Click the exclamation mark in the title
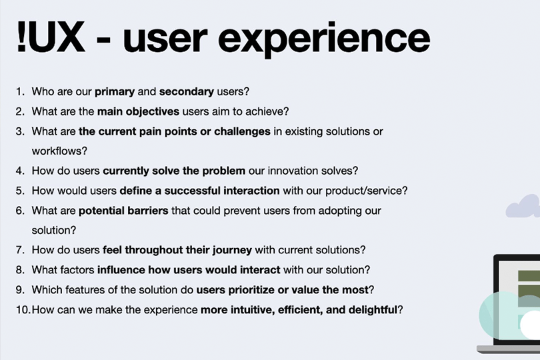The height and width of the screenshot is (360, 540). click(x=21, y=37)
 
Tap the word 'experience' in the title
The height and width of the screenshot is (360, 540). click(x=324, y=39)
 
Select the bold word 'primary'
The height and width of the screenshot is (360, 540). click(x=115, y=92)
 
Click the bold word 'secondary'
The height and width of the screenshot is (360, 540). click(x=187, y=91)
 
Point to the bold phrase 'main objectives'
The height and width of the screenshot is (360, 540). click(x=138, y=111)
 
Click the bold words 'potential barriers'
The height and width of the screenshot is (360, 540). click(x=123, y=211)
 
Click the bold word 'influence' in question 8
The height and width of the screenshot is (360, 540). click(x=121, y=270)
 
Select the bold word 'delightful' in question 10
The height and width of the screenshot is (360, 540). click(x=373, y=310)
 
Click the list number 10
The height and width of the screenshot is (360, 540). click(x=23, y=310)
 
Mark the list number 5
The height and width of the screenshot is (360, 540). click(x=20, y=191)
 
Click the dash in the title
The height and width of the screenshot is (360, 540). click(x=103, y=41)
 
